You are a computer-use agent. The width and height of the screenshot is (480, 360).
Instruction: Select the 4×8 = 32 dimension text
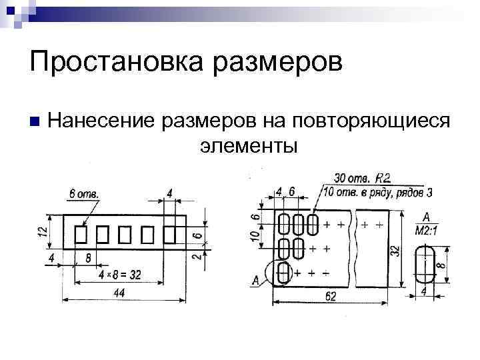[x=120, y=275]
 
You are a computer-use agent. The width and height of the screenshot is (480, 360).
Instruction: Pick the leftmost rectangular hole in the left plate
[x=81, y=235]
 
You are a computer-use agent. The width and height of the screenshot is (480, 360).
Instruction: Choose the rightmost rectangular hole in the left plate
[x=170, y=235]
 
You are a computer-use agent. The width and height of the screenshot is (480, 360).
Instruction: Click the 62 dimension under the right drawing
[x=331, y=297]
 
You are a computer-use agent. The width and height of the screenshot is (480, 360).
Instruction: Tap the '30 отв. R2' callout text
[x=362, y=179]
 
